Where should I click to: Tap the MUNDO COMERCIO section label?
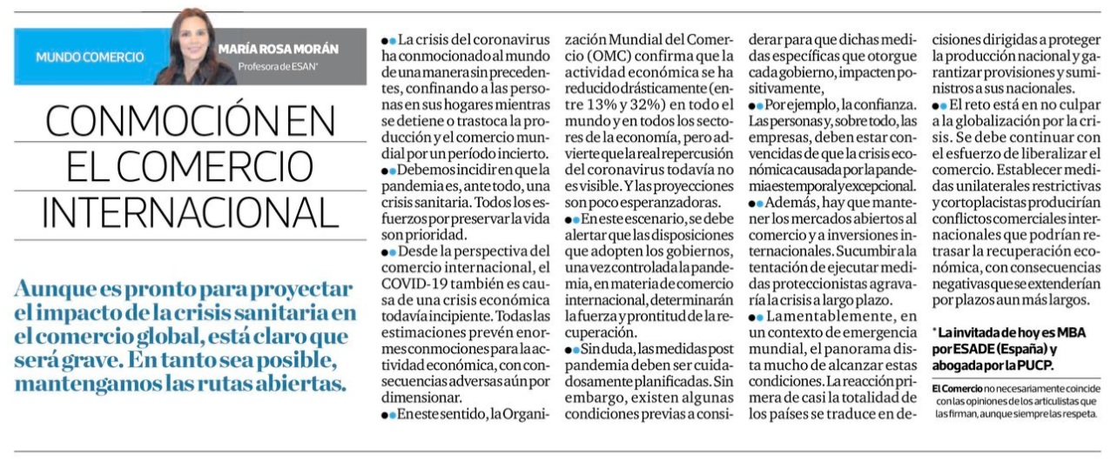click(x=90, y=57)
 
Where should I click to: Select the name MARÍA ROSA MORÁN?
click(x=278, y=49)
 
